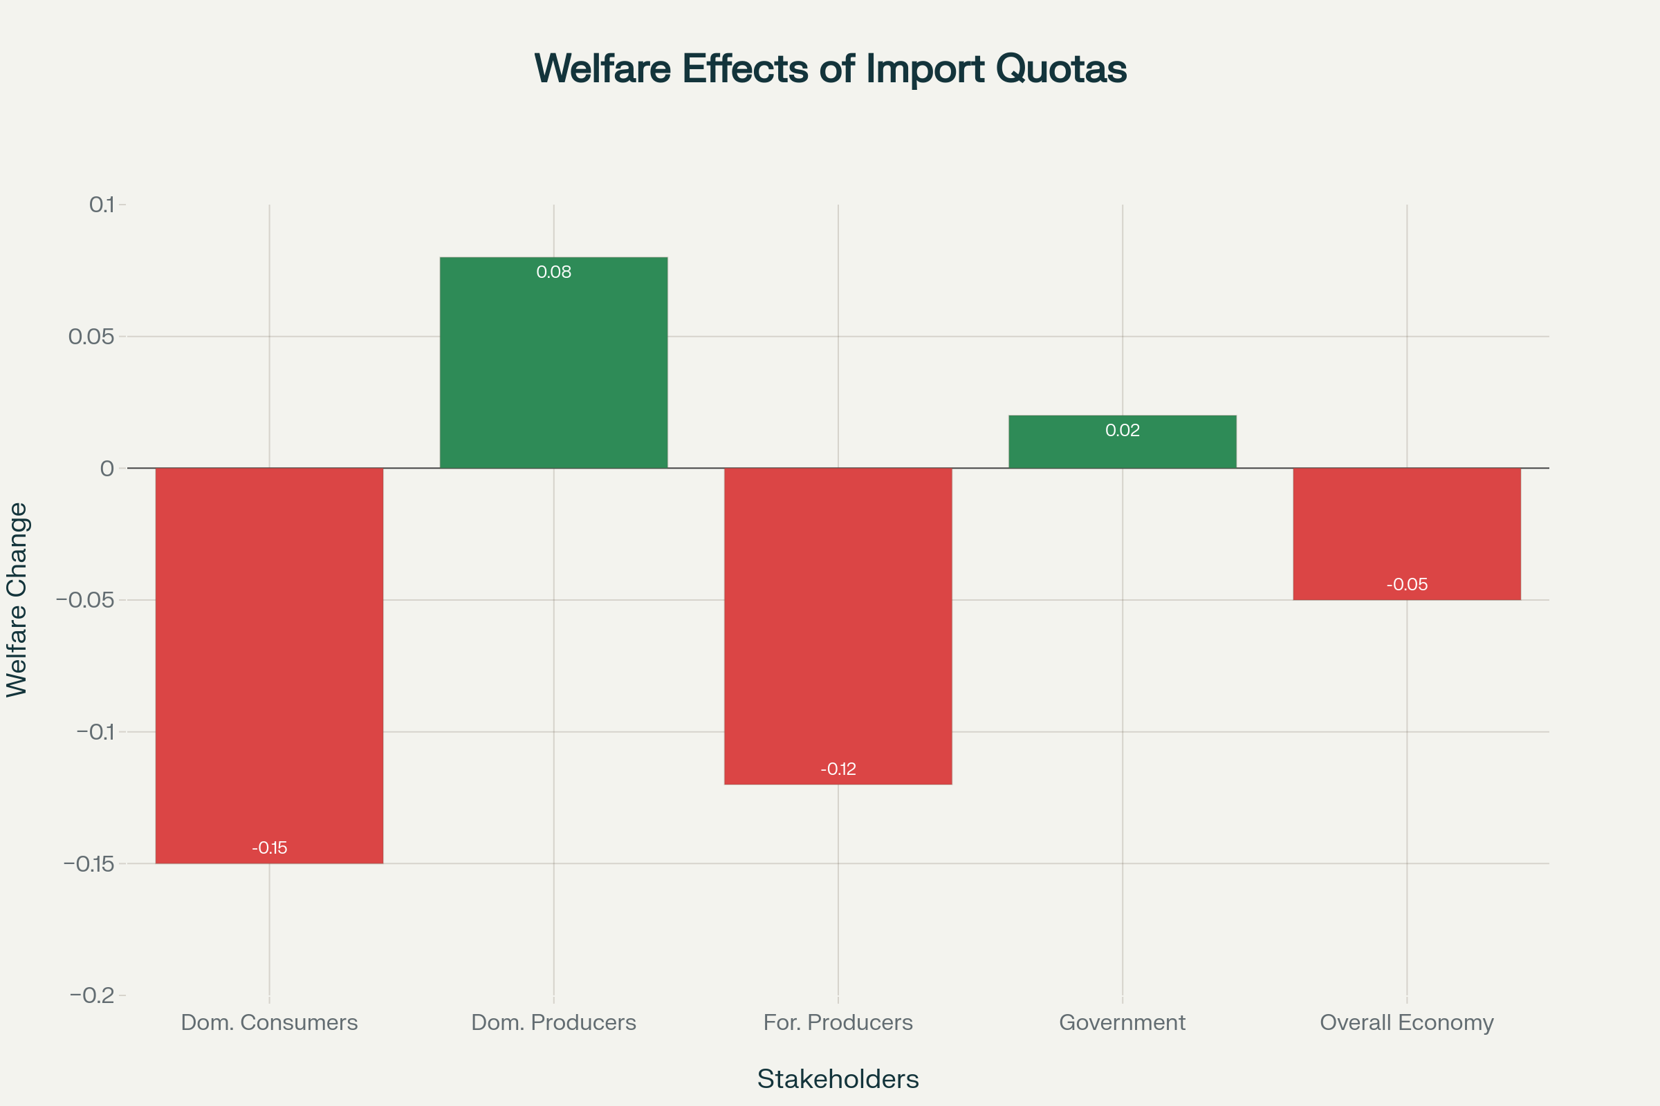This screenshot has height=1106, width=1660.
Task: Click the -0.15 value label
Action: [269, 848]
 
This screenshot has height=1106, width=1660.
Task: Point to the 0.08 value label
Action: [553, 272]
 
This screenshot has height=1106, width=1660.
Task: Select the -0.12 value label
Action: [838, 769]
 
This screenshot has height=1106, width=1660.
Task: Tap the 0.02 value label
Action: [1122, 430]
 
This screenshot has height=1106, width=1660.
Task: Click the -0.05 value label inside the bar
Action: [1407, 584]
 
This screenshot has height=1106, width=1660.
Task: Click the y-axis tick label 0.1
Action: [101, 205]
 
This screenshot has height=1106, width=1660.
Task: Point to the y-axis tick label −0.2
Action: [92, 995]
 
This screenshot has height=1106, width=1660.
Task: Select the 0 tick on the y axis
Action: [107, 469]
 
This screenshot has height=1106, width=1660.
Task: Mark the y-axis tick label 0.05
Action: [91, 337]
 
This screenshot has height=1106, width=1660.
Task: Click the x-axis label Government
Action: [1122, 1022]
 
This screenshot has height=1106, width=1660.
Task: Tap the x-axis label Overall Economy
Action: [1407, 1022]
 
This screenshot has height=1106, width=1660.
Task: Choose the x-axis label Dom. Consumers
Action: [269, 1022]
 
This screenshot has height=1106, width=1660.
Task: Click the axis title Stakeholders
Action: [838, 1079]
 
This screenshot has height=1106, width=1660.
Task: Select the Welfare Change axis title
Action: [17, 599]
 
